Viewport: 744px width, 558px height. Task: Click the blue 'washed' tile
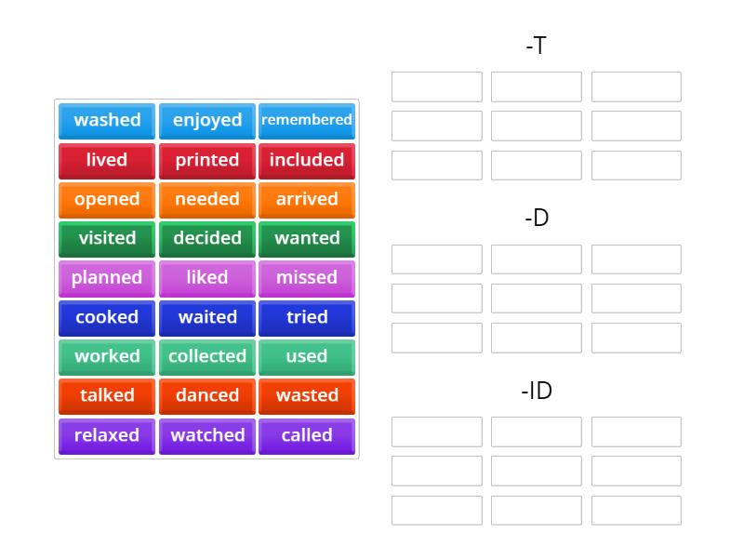[x=107, y=121]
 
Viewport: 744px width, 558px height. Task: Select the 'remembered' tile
[x=307, y=121]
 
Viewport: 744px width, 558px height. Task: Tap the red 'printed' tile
[x=206, y=161]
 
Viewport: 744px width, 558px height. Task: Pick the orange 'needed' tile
[x=206, y=200]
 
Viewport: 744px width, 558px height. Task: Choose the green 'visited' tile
[x=107, y=239]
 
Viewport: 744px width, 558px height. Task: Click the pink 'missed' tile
[x=307, y=278]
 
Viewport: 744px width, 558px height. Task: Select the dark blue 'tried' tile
[x=307, y=318]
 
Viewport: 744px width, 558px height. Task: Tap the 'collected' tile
[x=206, y=357]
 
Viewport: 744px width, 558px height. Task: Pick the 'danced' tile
[x=206, y=396]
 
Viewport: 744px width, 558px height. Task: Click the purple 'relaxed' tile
[x=107, y=436]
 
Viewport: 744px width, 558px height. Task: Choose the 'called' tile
[x=307, y=436]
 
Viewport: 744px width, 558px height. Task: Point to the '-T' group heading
[x=537, y=46]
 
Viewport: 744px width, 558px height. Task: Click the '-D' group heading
[x=537, y=218]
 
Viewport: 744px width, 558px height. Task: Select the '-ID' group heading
[x=537, y=391]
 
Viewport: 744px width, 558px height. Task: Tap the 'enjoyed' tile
[x=206, y=121]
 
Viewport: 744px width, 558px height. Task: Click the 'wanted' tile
[x=307, y=239]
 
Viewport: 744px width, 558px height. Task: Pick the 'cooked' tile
[x=107, y=318]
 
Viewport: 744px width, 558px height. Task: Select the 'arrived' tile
[x=307, y=200]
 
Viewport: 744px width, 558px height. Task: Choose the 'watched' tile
[x=206, y=436]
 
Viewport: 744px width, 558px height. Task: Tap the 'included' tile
[x=307, y=161]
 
